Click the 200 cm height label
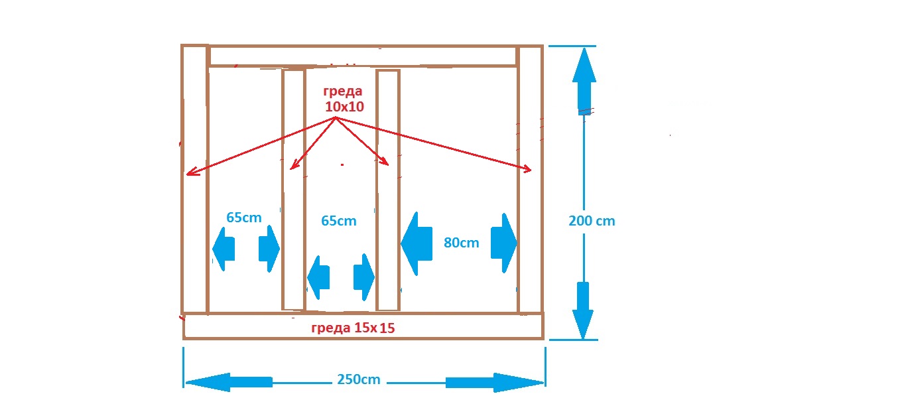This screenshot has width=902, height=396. pos(592,221)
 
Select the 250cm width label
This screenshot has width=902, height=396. pos(359,380)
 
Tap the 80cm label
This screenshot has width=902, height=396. pos(461,243)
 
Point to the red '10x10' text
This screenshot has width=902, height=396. pos(344,105)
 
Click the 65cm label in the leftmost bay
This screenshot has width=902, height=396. pos(243,217)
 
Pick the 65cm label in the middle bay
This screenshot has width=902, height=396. pos(338,221)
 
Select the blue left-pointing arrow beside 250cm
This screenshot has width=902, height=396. pos(229,382)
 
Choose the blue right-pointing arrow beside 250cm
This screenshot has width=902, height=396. pos(494,382)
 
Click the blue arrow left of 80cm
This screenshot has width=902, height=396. pos(413,243)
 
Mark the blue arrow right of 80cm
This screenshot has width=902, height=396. pos(503,243)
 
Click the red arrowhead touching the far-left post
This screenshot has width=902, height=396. pos(189,174)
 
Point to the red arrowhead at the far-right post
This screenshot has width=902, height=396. pos(529,170)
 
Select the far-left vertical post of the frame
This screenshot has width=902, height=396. pos(194,179)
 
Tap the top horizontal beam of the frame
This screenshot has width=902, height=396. pos(362,56)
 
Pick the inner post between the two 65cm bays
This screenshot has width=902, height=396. pos(293,190)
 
